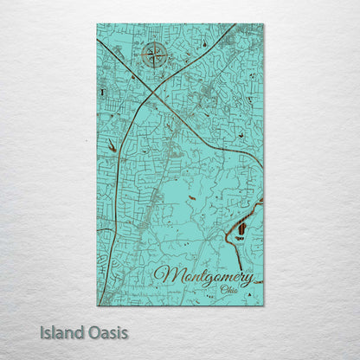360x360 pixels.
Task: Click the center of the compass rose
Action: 155,57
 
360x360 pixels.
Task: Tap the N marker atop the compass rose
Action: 155,42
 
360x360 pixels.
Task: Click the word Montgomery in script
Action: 203,277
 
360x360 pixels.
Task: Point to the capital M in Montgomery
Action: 164,276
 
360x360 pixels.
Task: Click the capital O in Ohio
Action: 223,290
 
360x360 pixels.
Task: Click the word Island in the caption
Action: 60,331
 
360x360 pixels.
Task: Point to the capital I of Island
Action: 42,331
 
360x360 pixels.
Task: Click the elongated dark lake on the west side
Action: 112,147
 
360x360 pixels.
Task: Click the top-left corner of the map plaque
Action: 97,24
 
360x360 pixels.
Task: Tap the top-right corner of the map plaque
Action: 263,24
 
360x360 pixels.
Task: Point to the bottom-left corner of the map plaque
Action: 97,305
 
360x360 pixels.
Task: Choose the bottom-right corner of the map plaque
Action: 263,305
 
